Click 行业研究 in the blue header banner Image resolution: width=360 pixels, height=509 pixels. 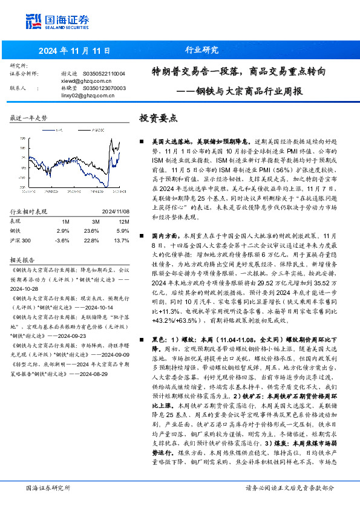[201, 50]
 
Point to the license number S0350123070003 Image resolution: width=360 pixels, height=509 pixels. [104, 88]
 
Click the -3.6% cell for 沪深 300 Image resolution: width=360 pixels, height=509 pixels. [62, 240]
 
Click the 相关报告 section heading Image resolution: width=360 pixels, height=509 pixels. [25, 259]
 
